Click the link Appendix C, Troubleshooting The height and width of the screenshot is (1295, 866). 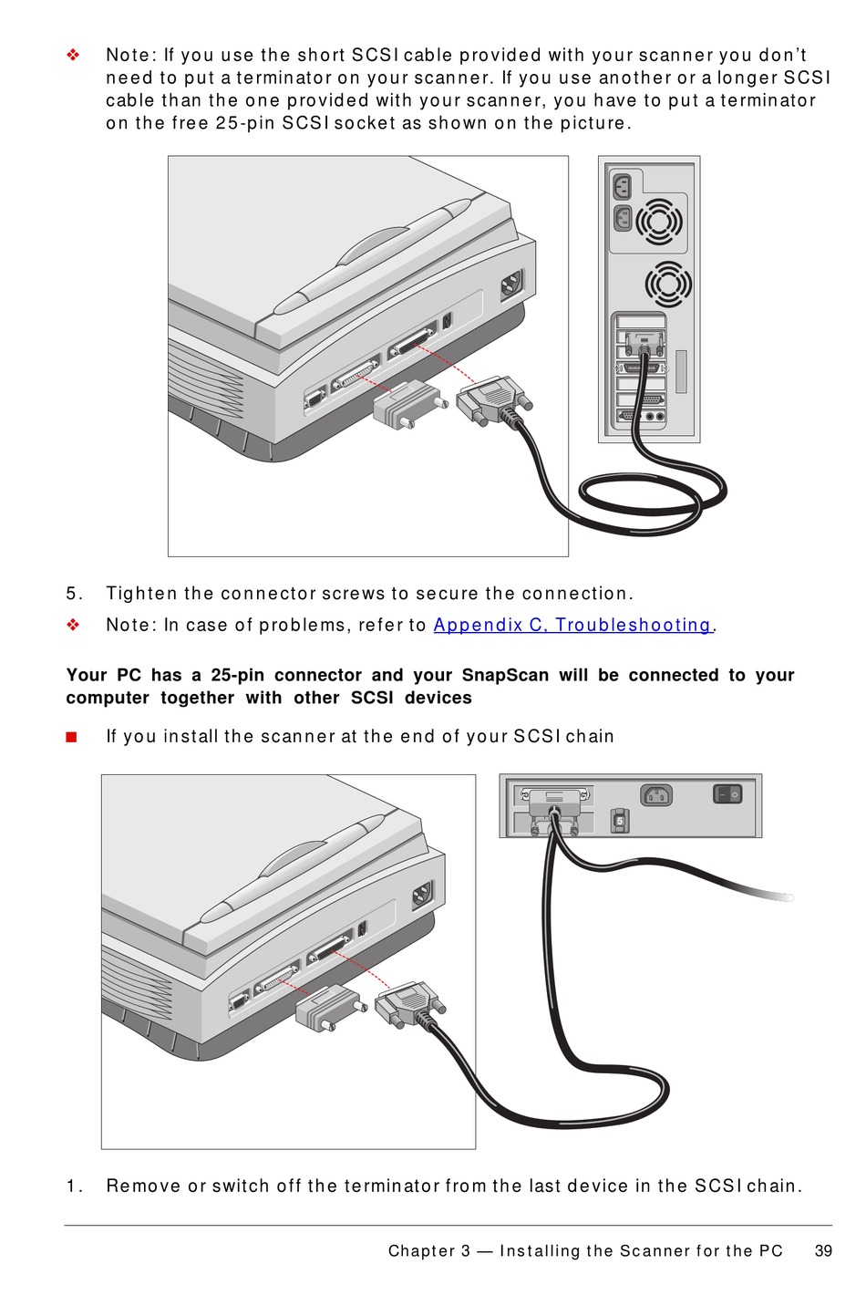point(572,625)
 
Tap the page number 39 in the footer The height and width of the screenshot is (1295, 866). point(823,1250)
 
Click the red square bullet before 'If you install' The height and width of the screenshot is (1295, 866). point(72,737)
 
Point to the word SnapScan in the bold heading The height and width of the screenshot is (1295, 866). point(505,676)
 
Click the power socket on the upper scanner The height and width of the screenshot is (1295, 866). point(511,286)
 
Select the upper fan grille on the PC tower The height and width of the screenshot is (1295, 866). point(658,222)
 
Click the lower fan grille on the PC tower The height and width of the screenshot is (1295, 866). point(667,285)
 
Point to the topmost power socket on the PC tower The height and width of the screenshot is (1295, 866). point(624,187)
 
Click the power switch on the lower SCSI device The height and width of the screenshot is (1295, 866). point(727,794)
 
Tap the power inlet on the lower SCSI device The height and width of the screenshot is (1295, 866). point(656,795)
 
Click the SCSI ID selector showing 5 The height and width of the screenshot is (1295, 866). point(619,821)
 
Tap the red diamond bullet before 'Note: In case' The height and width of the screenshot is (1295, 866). point(73,625)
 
